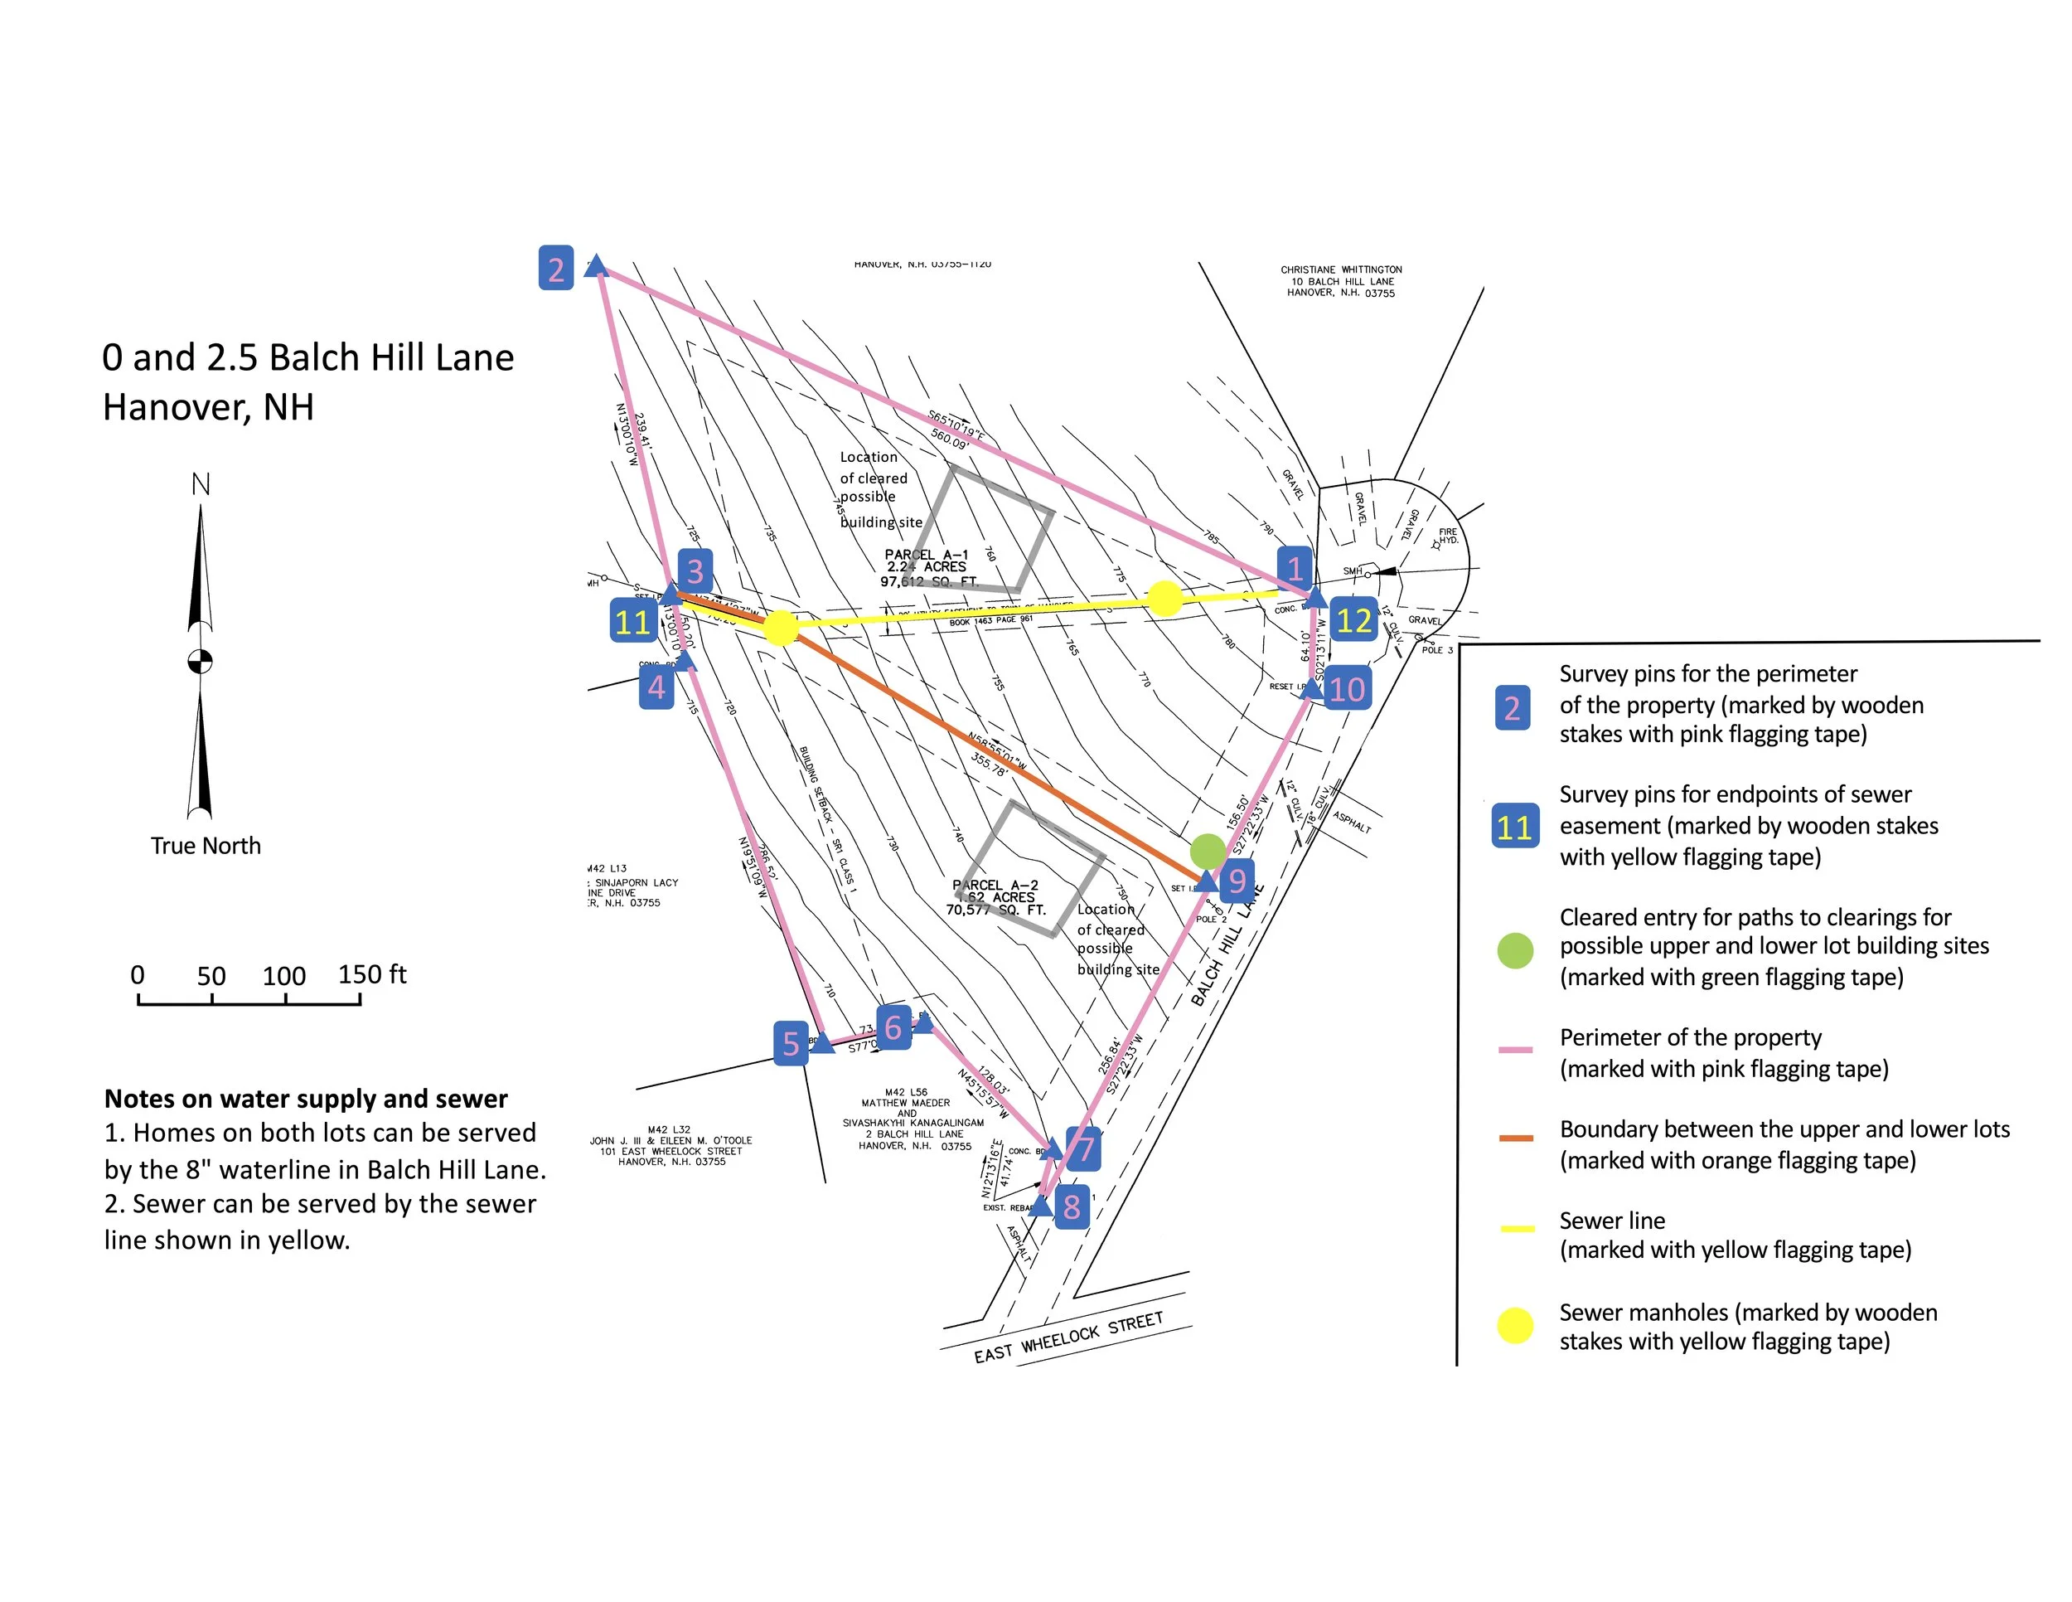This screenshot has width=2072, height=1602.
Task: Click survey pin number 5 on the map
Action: click(x=791, y=1044)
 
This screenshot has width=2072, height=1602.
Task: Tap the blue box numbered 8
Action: click(x=1071, y=1206)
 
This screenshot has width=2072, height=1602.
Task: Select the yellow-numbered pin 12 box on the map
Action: click(x=1353, y=621)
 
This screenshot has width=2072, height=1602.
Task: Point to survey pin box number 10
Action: click(x=1347, y=688)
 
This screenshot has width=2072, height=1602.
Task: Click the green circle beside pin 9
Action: click(x=1208, y=852)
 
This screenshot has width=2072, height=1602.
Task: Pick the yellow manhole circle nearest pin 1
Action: click(x=1164, y=599)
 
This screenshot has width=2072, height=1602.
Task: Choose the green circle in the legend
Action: click(x=1514, y=950)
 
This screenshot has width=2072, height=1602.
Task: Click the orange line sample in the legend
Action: click(x=1515, y=1137)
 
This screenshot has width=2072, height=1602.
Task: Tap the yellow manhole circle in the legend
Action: click(x=1514, y=1326)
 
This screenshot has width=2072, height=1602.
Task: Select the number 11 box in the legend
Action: click(x=1514, y=827)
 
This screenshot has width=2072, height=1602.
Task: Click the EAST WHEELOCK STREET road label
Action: click(x=1067, y=1337)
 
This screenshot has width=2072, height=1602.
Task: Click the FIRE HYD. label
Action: click(x=1448, y=536)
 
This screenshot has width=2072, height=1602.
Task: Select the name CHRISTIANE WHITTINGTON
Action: click(x=1340, y=269)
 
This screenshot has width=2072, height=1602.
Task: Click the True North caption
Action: click(x=205, y=846)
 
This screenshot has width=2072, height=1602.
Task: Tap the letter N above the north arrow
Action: click(x=201, y=485)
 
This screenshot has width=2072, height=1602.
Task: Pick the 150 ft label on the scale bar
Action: click(x=372, y=974)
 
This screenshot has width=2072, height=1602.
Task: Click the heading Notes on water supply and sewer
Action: click(x=306, y=1099)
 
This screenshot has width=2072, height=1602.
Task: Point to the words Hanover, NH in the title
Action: click(x=208, y=407)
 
